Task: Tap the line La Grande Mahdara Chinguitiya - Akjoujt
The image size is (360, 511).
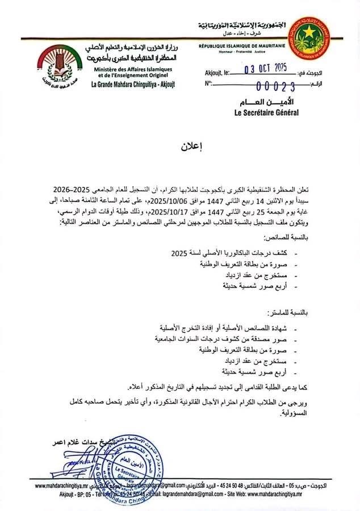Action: pyautogui.click(x=134, y=85)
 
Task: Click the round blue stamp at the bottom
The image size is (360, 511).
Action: pyautogui.click(x=131, y=466)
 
